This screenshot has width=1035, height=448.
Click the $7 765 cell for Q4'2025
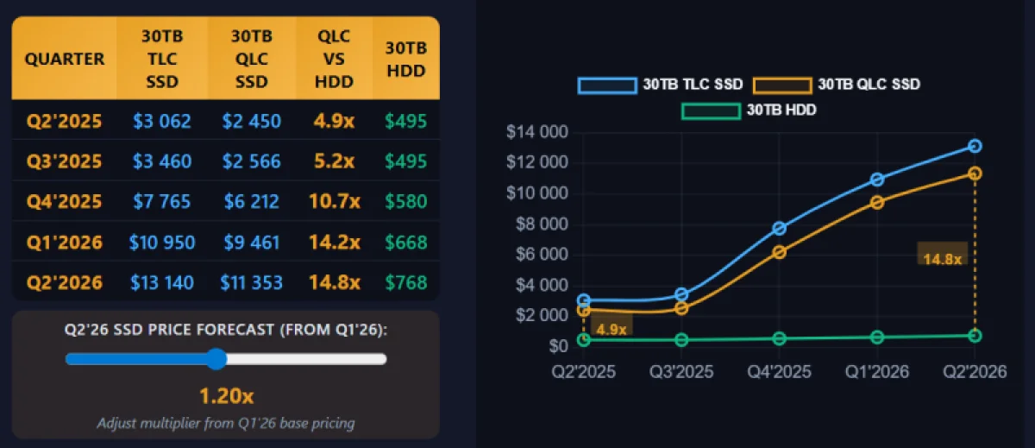tap(162, 201)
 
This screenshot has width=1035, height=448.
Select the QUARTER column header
tap(65, 60)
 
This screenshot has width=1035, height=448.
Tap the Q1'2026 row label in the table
tap(65, 242)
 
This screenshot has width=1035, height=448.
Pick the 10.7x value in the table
tap(334, 201)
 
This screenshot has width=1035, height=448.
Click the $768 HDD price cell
tap(406, 282)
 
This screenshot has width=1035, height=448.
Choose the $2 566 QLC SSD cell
tap(251, 161)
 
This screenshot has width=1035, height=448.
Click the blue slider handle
tap(216, 359)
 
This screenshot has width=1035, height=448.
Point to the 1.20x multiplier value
tap(226, 396)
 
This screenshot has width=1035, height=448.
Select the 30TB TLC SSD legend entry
tap(661, 85)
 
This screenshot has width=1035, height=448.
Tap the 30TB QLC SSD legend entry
tap(837, 85)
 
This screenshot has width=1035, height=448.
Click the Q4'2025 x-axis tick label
tap(779, 371)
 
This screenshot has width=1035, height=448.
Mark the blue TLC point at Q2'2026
tap(975, 146)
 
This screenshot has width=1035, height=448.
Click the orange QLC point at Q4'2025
tap(779, 252)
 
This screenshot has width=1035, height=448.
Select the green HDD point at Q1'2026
tap(877, 337)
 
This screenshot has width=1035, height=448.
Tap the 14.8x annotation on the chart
tap(943, 258)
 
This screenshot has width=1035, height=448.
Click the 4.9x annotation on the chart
tap(611, 328)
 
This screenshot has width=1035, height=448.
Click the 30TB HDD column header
tap(406, 60)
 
